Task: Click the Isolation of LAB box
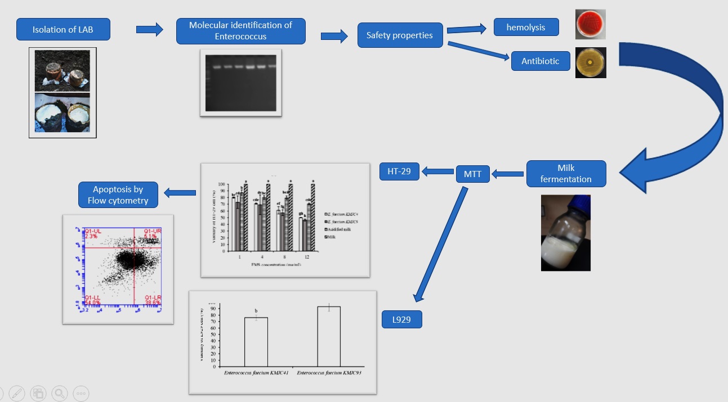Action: click(x=62, y=30)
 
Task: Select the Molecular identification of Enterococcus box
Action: click(x=240, y=31)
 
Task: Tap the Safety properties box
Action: click(x=399, y=35)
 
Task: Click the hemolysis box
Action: click(x=526, y=27)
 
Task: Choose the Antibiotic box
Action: click(x=541, y=61)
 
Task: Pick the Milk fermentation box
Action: click(x=566, y=174)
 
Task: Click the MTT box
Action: click(x=472, y=174)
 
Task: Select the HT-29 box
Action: click(x=399, y=171)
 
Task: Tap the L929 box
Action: click(x=401, y=319)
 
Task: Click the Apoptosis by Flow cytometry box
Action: click(x=118, y=195)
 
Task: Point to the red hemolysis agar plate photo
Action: click(x=590, y=24)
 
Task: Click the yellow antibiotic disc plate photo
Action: click(x=591, y=62)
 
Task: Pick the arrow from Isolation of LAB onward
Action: click(x=149, y=30)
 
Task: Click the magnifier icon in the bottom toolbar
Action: click(x=59, y=394)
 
